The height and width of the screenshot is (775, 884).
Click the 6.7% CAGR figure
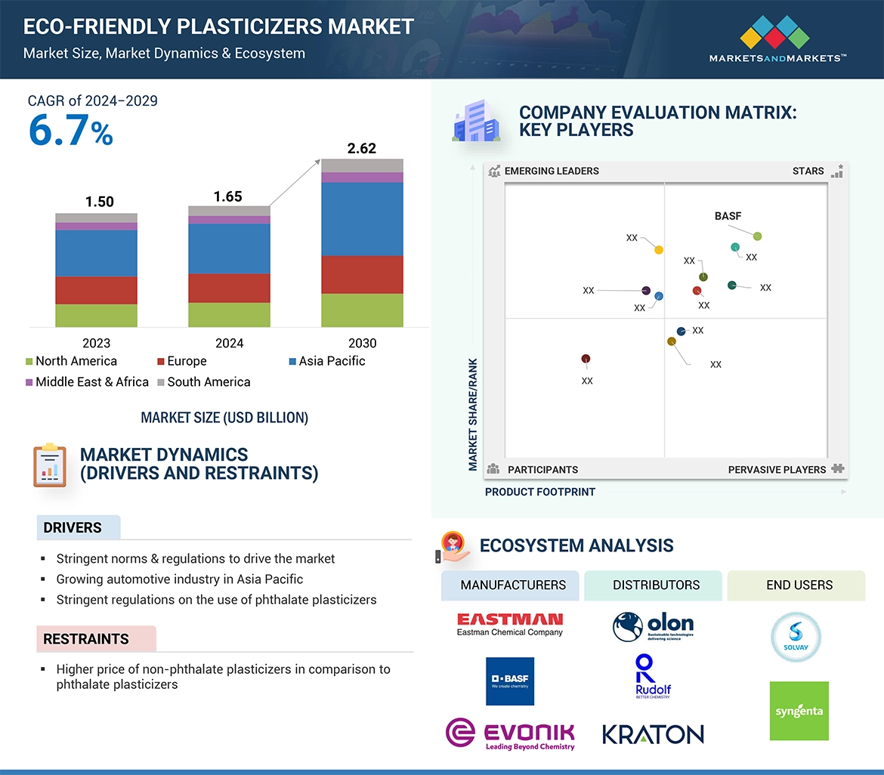[70, 131]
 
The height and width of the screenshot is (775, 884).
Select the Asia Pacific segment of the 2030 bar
[362, 219]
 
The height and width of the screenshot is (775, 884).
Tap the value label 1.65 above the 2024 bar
[227, 196]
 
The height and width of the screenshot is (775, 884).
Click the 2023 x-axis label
[96, 343]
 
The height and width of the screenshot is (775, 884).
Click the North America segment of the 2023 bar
[96, 315]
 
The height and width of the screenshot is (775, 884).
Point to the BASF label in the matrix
[728, 216]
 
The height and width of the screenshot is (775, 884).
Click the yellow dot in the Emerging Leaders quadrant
[659, 250]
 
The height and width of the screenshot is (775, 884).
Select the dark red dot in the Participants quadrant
[586, 359]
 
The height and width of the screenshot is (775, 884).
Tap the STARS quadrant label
[808, 171]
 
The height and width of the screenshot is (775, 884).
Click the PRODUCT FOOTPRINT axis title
[540, 492]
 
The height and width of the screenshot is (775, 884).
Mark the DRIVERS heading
[73, 527]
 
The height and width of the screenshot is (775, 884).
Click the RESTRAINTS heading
[86, 639]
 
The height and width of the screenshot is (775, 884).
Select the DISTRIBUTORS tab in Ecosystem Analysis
[656, 585]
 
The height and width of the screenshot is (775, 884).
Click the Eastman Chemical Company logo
[510, 624]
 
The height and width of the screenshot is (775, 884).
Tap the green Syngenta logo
[799, 711]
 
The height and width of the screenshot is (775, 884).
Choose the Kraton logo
[653, 733]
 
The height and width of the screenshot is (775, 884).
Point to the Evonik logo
[510, 734]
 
